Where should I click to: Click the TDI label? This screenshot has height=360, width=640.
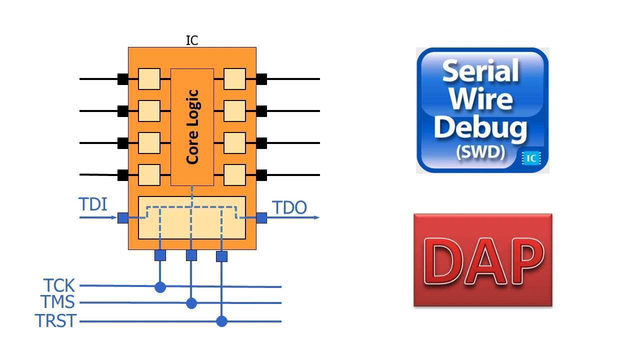pos(92,204)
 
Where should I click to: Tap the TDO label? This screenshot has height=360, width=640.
pos(289,207)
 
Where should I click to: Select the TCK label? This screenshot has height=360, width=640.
pos(59,286)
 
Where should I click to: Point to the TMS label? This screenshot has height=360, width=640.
pos(57,302)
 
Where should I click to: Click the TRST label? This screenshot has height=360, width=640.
pos(55,320)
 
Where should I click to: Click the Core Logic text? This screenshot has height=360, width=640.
pos(192,126)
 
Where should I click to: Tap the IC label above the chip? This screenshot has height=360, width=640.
pos(192,40)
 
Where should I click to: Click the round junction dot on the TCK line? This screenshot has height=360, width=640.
pos(160,286)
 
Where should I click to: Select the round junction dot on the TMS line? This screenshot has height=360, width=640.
pos(191,303)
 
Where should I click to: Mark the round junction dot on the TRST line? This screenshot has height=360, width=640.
pos(222,321)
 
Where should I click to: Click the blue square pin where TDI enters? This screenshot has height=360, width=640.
pos(122,217)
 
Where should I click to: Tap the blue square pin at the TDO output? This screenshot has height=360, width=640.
pos(261,217)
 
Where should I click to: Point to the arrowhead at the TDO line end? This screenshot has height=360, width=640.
pos(316,217)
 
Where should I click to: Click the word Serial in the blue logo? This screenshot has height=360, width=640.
pos(480,71)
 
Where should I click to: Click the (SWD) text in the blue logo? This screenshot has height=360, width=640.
pos(480,152)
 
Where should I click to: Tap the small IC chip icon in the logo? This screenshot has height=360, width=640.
pos(531,158)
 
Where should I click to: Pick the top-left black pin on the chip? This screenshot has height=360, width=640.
pos(122,79)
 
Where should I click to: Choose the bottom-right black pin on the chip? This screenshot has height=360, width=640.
pos(261,175)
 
